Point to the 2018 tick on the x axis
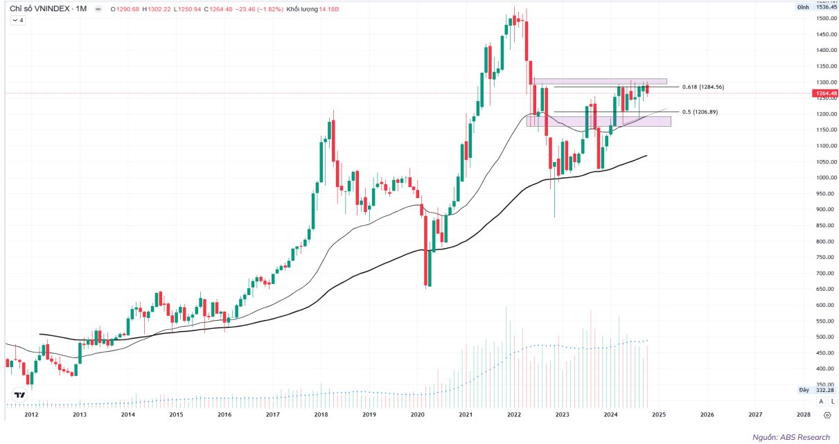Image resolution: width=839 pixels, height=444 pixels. tap(321, 414)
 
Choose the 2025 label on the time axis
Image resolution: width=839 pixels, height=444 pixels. tap(659, 414)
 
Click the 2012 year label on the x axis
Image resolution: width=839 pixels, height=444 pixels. tap(30, 414)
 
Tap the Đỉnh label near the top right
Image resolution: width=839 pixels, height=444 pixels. tap(803, 7)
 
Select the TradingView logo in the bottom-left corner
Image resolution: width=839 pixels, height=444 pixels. tap(19, 396)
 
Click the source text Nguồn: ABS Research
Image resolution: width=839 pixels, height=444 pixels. tap(791, 437)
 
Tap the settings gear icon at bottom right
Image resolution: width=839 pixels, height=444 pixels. tap(827, 414)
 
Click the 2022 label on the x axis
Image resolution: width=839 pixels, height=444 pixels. tap(514, 414)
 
